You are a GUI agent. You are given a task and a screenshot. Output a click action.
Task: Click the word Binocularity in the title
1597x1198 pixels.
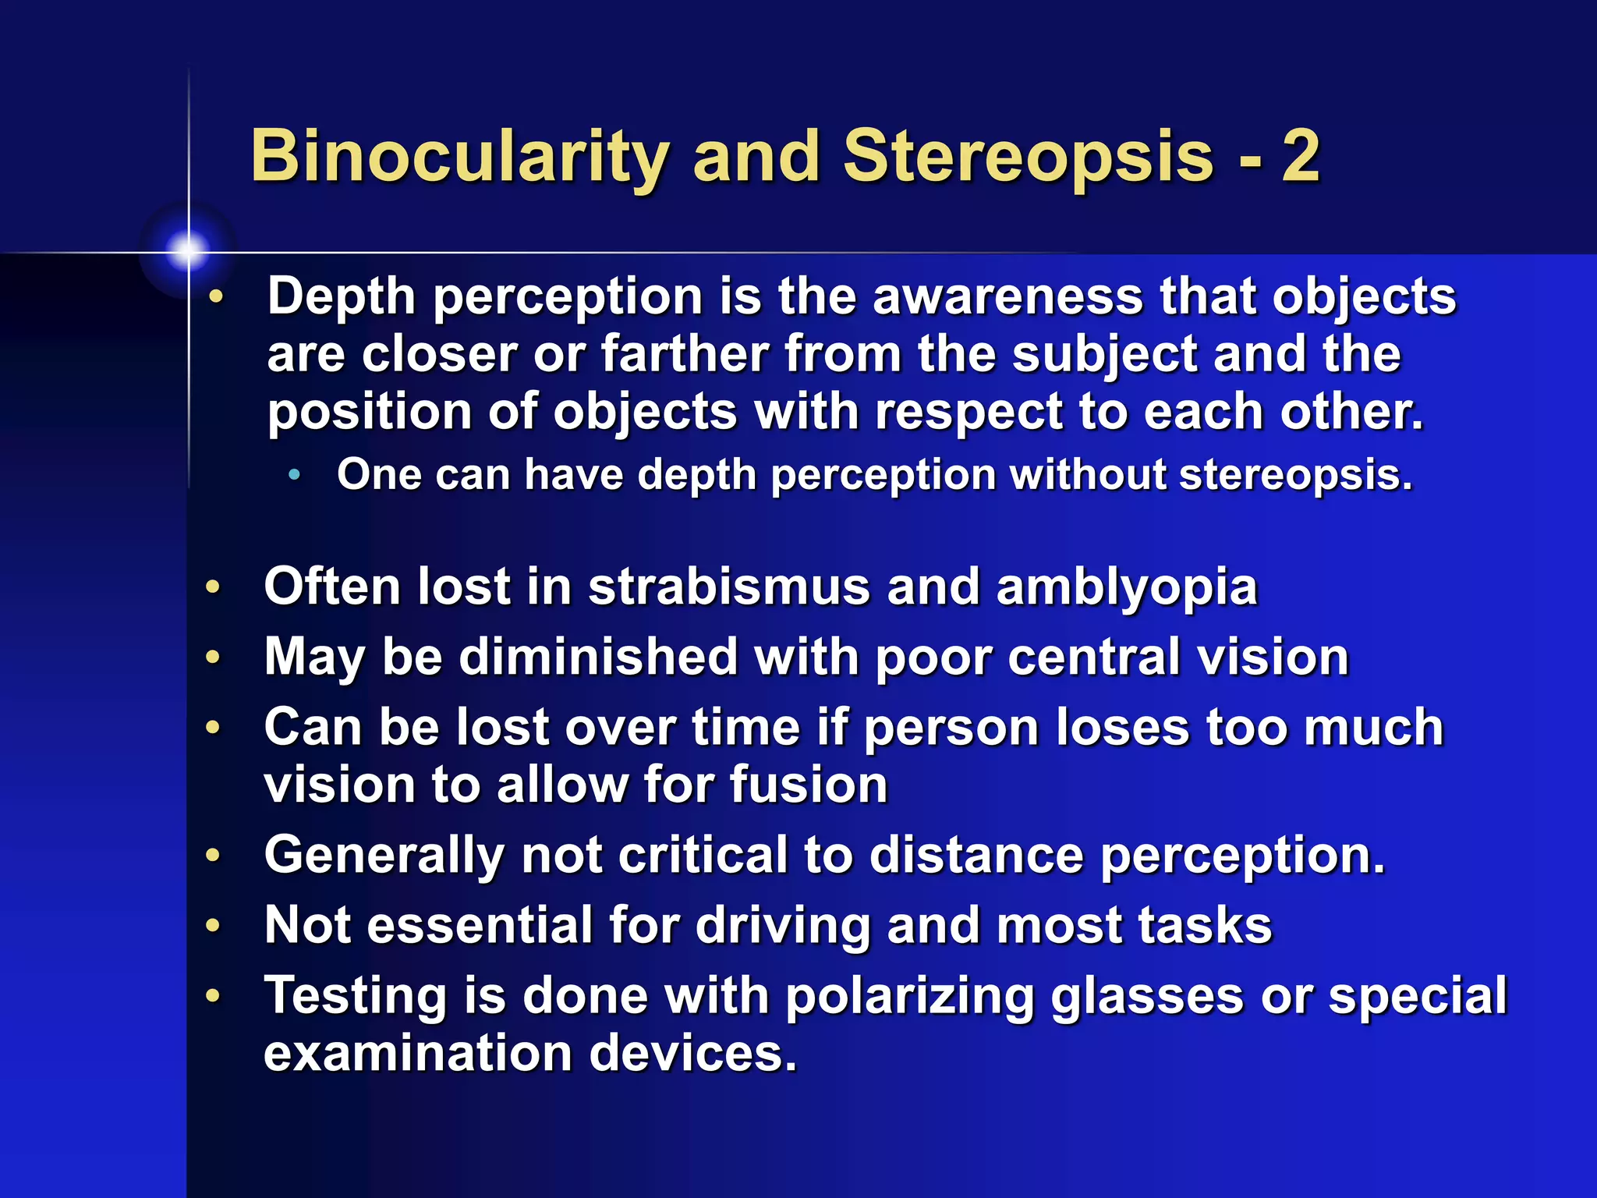tap(460, 158)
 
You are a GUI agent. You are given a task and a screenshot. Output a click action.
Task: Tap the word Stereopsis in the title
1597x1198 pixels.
tap(1028, 158)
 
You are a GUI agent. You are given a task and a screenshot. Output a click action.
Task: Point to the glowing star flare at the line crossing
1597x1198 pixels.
tap(188, 251)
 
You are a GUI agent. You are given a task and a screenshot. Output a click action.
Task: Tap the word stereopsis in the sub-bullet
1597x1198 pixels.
tap(1294, 475)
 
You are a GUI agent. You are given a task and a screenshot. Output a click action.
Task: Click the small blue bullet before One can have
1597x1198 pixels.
tap(294, 474)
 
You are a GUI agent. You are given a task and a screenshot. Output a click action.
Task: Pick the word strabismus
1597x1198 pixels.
tap(728, 587)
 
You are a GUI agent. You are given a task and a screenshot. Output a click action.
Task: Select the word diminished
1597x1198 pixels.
tap(598, 657)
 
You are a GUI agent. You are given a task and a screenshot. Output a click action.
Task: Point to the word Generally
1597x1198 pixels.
tap(384, 856)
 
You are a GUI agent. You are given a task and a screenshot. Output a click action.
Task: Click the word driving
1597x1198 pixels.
tap(782, 926)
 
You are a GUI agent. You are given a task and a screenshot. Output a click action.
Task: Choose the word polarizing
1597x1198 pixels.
tap(909, 997)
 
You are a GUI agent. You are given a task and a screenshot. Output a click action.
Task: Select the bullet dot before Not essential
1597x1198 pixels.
tap(213, 926)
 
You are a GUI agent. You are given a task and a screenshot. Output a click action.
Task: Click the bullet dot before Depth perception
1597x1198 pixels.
tap(216, 296)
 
